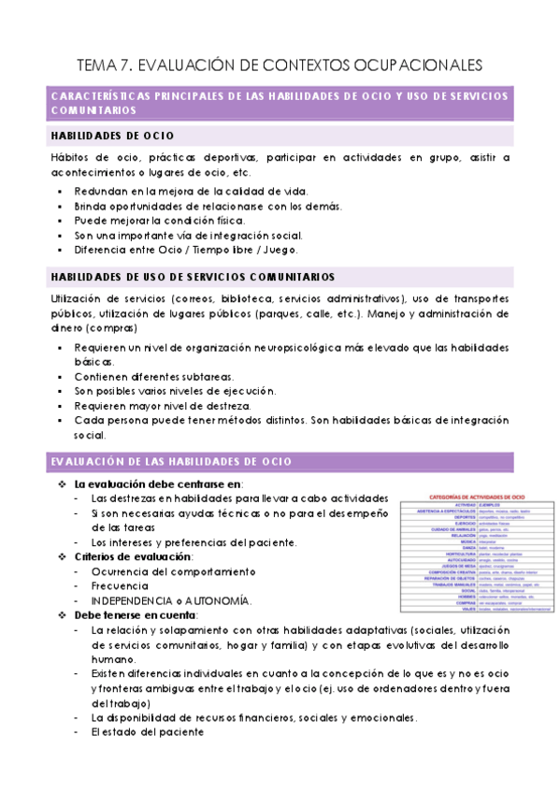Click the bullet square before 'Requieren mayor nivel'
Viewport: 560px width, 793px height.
click(x=61, y=406)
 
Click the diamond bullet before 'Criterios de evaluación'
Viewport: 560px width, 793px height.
click(x=62, y=557)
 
